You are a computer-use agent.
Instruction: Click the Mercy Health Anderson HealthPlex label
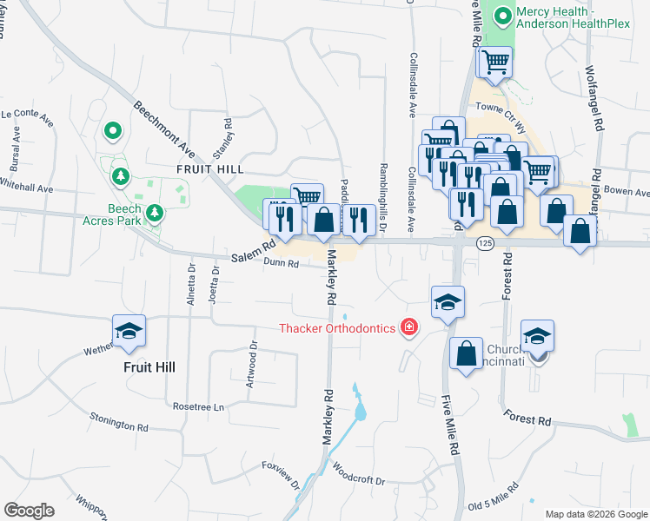point(572,17)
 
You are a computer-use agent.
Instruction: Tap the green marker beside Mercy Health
point(502,15)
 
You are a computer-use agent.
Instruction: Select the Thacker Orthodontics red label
point(337,328)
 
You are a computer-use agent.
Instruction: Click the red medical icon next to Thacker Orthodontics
point(408,327)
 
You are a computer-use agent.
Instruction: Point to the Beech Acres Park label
point(136,214)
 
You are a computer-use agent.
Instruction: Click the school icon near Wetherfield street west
point(129,331)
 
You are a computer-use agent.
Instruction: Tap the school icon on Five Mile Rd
point(448,302)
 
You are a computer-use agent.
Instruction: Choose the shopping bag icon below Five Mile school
point(467,353)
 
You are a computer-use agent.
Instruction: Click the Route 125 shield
point(485,245)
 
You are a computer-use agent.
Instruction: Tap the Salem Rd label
point(253,253)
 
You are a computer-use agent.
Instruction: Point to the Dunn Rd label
point(282,262)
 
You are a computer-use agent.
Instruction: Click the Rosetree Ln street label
point(198,406)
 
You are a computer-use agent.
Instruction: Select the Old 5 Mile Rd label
point(494,499)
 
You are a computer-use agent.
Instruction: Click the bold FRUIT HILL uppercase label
point(208,168)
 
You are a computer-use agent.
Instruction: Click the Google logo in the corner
point(29,511)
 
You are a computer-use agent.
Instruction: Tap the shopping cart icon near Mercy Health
point(494,62)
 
